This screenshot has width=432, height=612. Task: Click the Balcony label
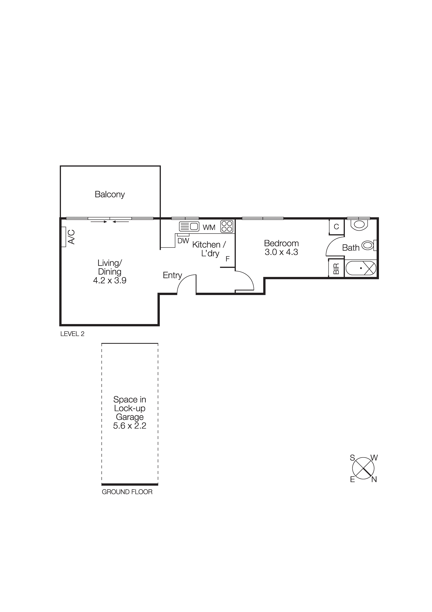pos(109,194)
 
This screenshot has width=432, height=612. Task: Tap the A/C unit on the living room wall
pos(64,237)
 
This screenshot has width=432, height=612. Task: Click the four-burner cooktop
pos(227,226)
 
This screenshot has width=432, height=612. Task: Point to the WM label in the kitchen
pos(209,227)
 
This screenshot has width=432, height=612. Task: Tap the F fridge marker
pos(228,259)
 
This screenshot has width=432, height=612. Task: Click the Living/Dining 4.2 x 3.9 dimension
pos(109,280)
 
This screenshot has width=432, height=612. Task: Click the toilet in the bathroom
pos(359,225)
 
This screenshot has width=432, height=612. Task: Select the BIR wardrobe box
pos(336,268)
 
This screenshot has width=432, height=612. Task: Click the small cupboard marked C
pos(336,227)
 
